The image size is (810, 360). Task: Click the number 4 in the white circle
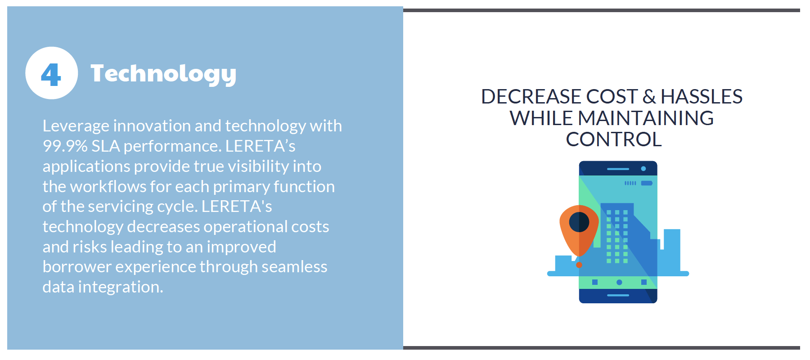pos(51,74)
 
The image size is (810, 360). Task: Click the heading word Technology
pos(163,74)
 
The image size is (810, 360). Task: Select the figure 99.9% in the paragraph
pos(65,146)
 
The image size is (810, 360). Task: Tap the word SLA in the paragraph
pos(106,146)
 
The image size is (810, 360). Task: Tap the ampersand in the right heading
pos(649,97)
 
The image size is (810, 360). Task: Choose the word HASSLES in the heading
pos(702,97)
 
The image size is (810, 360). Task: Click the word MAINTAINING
pos(646,118)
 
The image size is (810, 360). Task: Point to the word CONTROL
pos(614,139)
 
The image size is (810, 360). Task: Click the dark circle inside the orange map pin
pos(579,222)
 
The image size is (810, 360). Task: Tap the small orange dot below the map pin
pos(579,265)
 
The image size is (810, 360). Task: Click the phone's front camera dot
pos(643,169)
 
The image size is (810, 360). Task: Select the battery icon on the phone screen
pos(647,183)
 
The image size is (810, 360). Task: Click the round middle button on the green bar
pos(619,282)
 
